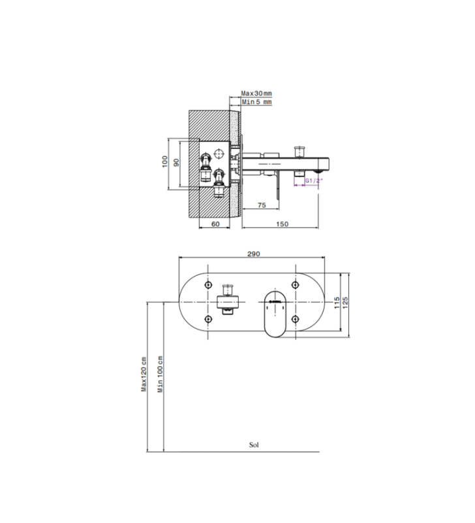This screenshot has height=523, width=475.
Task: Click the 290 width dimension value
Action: point(253,254)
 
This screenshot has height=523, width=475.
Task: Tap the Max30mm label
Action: point(256,93)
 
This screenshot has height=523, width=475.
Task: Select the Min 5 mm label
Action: point(256,102)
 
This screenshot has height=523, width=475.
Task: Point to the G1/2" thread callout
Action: point(314,180)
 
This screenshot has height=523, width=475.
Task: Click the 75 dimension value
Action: point(262,205)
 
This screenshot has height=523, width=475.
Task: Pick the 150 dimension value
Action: point(282,224)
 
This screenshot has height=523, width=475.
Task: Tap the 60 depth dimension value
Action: point(215,224)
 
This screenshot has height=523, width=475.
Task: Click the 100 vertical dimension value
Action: point(165,161)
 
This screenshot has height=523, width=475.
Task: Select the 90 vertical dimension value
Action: point(176,162)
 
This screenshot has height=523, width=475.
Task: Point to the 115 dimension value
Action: point(337,303)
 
